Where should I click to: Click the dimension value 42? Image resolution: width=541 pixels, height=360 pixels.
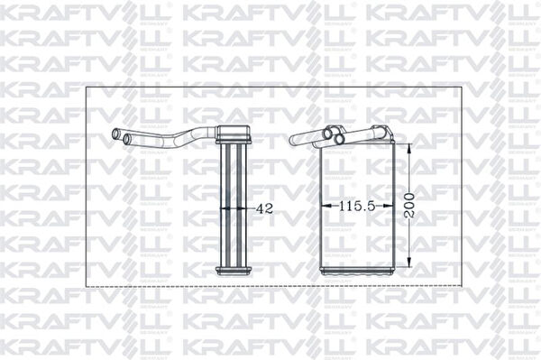[x=265, y=208]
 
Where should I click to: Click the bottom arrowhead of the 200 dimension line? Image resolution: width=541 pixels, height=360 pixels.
[x=410, y=268]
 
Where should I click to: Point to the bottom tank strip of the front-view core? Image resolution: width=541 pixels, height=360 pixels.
[x=358, y=270]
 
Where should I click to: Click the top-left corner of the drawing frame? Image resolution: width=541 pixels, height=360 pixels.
[x=86, y=88]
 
